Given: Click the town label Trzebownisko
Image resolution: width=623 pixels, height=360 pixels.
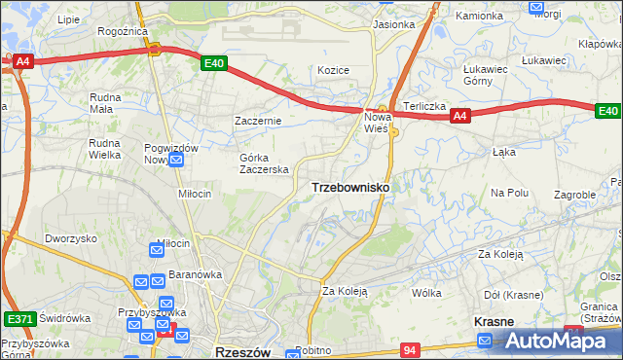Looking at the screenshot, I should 350,187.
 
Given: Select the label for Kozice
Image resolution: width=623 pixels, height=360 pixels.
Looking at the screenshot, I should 333,70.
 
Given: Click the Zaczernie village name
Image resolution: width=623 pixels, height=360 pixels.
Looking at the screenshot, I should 258,121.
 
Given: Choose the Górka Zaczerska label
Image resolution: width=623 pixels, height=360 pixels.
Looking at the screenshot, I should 265,162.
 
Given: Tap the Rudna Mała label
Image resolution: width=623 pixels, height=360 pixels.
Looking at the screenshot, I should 105,103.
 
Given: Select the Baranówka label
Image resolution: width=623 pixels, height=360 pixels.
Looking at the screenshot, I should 195,274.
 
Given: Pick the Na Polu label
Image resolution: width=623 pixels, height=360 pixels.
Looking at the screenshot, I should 509,193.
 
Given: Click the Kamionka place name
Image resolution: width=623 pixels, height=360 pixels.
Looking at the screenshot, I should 479,17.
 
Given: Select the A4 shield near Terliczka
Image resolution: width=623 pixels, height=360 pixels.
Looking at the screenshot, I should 460,117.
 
